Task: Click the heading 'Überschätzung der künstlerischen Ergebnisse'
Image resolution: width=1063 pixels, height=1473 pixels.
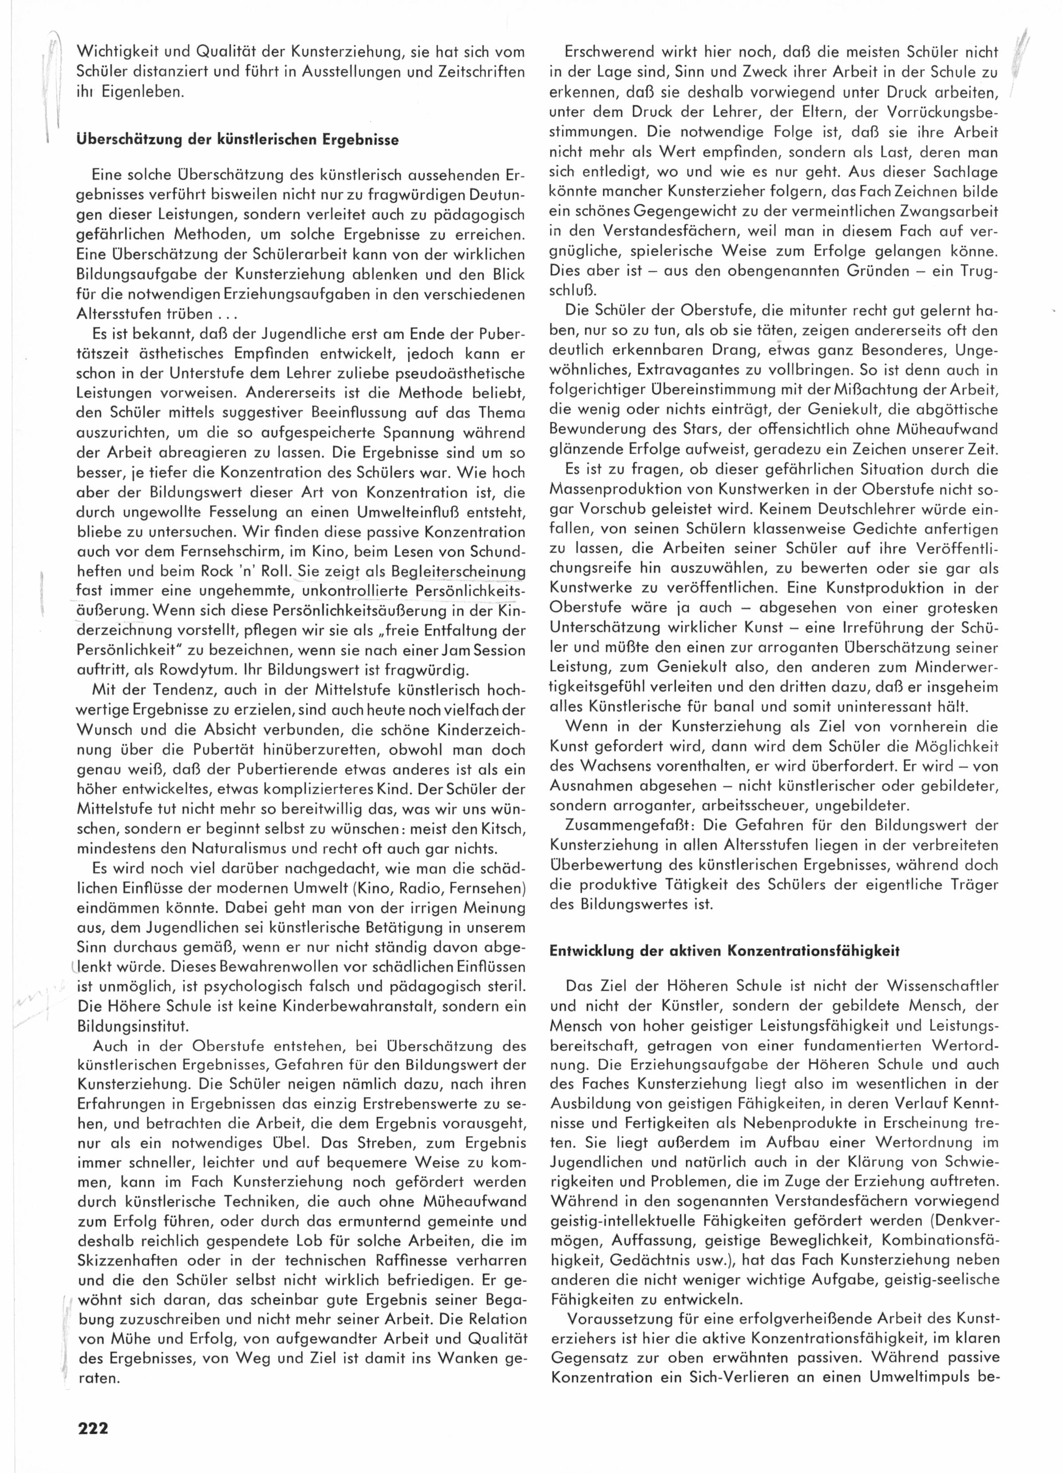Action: point(237,140)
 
